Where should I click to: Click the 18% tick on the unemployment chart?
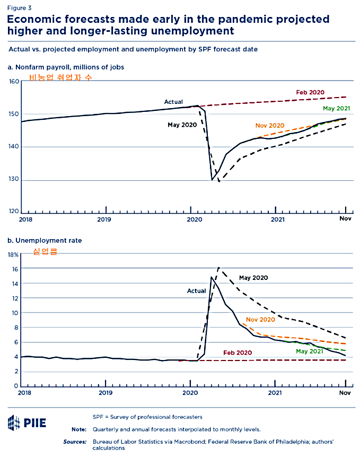[x=13, y=254]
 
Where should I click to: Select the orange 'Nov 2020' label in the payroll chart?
[x=270, y=126]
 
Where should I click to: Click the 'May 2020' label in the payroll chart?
[x=182, y=125]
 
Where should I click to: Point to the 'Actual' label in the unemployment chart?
[x=196, y=291]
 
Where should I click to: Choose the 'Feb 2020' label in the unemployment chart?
[x=238, y=353]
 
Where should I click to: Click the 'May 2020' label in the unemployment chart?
[x=253, y=277]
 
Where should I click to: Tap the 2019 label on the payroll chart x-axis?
[x=105, y=218]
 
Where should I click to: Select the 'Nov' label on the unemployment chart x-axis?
[x=345, y=393]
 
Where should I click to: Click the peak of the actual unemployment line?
[x=212, y=277]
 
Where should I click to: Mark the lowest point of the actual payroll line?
[x=212, y=180]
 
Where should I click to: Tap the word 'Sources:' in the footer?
[x=75, y=441]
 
